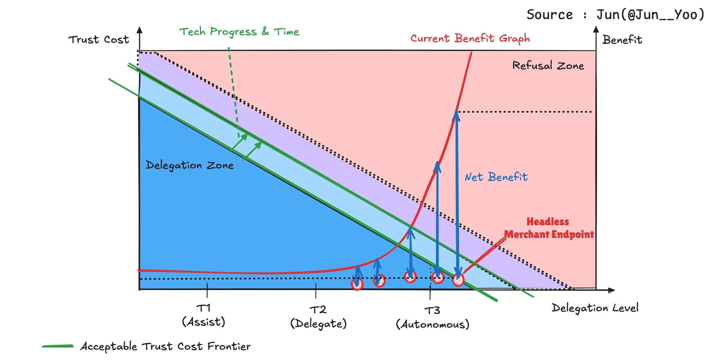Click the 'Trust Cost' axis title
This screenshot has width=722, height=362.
coord(99,40)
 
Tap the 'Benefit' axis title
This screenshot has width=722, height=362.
coord(622,40)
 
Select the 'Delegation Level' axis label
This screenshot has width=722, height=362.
coord(595,308)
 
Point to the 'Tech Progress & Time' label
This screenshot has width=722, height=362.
coord(239,32)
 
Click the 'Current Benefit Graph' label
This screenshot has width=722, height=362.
coord(470,38)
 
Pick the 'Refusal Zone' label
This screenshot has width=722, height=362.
coord(548,65)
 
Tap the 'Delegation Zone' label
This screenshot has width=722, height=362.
coord(190,165)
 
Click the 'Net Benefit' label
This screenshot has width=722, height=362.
coord(496,177)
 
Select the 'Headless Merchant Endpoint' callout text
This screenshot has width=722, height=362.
coord(549,228)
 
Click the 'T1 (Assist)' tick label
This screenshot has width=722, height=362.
coord(203,315)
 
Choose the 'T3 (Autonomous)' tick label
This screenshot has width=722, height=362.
coord(433,318)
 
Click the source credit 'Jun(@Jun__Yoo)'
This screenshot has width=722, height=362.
coord(650,15)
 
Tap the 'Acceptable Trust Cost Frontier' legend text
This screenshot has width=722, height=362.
coord(165,347)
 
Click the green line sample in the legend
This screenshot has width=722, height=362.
coord(58,346)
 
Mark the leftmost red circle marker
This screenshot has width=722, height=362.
coord(357,284)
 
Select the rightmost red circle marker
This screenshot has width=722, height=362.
coord(458,280)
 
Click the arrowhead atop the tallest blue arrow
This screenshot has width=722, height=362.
coord(456,114)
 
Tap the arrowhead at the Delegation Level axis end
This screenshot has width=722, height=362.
coord(611,290)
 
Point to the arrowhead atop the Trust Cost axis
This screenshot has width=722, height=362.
coord(140,30)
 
